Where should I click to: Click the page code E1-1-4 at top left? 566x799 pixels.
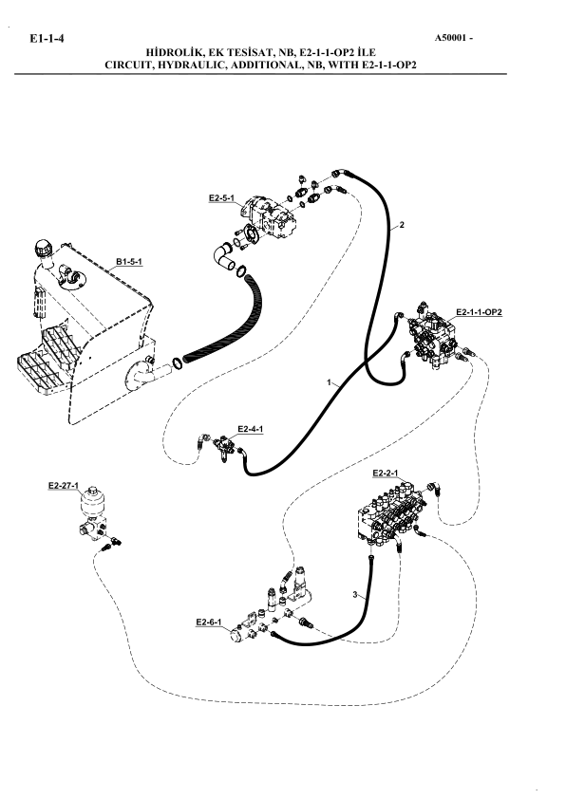tap(47, 39)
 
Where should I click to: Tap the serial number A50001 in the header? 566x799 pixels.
tap(450, 38)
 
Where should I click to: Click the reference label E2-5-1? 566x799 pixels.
tap(222, 198)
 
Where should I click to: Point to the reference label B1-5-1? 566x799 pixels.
tap(129, 262)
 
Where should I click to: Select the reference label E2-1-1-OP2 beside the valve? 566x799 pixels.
tap(479, 312)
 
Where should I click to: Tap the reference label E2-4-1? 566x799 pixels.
tap(251, 429)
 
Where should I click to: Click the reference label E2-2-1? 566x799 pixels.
tap(386, 474)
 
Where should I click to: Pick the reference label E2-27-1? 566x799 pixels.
tap(64, 486)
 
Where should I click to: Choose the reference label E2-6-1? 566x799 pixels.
tap(209, 622)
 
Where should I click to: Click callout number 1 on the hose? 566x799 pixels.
tap(329, 381)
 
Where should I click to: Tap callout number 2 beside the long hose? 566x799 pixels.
tap(402, 225)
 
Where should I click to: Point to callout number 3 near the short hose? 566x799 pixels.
tap(354, 595)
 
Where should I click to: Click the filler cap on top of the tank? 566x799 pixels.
tap(44, 250)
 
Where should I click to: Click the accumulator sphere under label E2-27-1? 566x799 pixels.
tap(92, 503)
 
